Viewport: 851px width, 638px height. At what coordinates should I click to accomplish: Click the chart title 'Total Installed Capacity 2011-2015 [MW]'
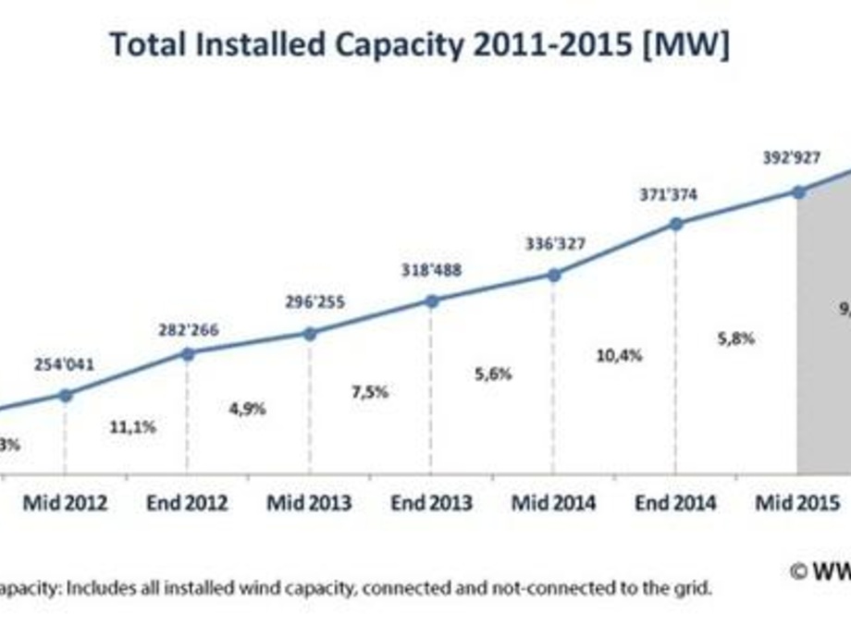[419, 44]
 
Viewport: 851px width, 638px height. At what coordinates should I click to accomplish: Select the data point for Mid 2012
[66, 395]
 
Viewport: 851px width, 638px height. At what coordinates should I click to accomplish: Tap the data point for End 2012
[188, 353]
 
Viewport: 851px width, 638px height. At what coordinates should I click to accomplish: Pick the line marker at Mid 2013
[310, 333]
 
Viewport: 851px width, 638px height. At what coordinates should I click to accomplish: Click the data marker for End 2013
[431, 301]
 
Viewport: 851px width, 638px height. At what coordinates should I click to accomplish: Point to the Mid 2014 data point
[553, 275]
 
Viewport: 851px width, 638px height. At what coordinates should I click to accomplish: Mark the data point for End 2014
[675, 224]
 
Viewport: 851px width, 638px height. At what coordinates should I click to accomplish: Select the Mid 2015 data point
[797, 191]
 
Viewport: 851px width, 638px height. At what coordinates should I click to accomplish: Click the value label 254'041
[66, 365]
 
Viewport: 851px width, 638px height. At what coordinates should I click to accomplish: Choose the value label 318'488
[431, 270]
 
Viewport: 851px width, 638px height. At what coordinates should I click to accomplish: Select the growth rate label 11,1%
[133, 427]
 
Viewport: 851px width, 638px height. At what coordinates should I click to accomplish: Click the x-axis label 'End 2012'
[188, 504]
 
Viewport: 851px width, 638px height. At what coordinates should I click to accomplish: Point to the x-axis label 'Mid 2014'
[553, 504]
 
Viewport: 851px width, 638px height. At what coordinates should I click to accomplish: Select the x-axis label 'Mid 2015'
[797, 504]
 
